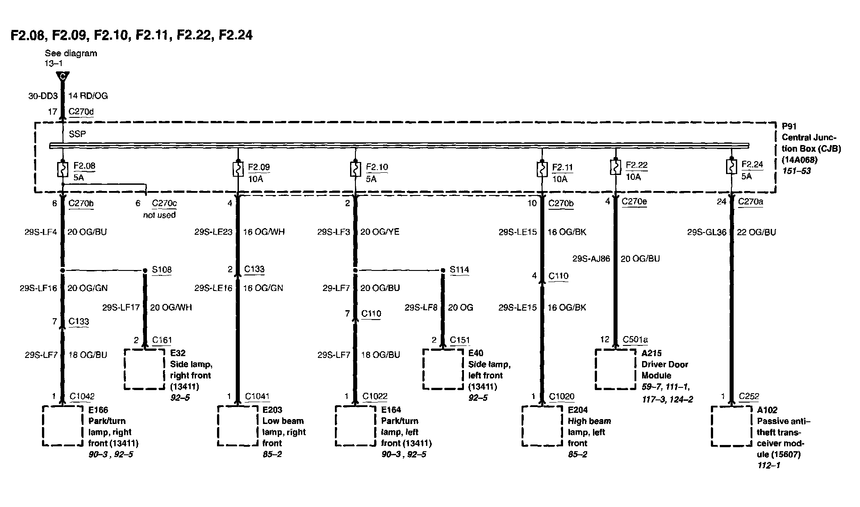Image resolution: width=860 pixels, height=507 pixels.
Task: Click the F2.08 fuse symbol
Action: click(x=63, y=169)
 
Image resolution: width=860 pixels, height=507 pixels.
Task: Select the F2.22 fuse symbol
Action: click(x=615, y=167)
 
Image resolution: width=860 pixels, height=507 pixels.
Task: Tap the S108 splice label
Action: click(x=162, y=270)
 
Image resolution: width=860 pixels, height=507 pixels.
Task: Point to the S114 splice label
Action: click(x=459, y=270)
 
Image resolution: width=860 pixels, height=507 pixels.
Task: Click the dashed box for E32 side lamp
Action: click(x=144, y=369)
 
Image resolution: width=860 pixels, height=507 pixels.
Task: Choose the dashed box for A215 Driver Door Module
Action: click(x=615, y=369)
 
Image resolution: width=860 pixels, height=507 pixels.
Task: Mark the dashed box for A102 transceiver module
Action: click(x=731, y=425)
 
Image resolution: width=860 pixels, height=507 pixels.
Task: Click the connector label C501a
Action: click(x=635, y=340)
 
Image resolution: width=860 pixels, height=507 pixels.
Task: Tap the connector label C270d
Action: click(x=81, y=112)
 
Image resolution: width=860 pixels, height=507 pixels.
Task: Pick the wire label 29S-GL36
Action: click(x=707, y=232)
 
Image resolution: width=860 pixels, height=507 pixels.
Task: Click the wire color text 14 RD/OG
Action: click(x=88, y=96)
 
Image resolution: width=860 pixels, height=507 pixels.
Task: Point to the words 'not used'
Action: click(x=159, y=215)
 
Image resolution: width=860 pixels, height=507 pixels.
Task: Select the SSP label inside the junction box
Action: click(x=77, y=134)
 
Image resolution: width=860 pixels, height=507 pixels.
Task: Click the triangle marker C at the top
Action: click(x=63, y=77)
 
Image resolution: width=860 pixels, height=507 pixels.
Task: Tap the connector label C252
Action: click(x=749, y=396)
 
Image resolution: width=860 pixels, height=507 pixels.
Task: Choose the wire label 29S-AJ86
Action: click(x=591, y=258)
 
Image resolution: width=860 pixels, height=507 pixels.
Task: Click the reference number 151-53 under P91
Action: click(x=796, y=171)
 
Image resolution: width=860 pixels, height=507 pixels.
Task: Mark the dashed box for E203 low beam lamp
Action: click(x=238, y=425)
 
